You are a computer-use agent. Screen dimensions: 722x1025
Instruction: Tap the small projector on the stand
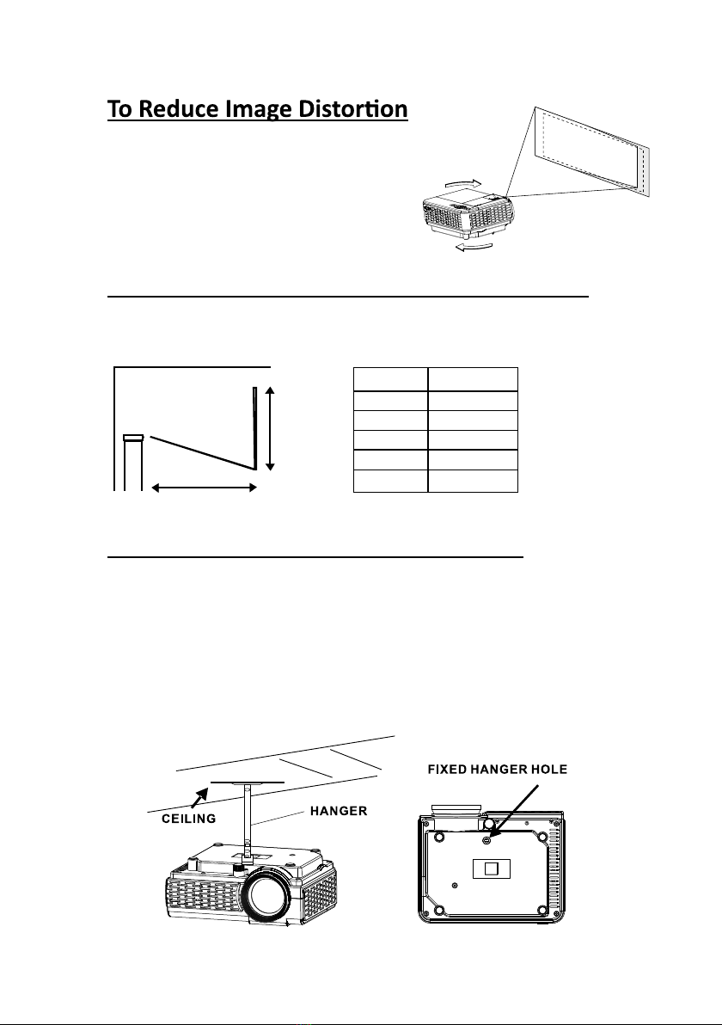tap(133, 438)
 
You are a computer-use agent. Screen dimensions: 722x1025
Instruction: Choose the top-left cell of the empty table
tap(390, 379)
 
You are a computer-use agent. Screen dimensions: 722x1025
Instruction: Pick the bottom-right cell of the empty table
tap(473, 481)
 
